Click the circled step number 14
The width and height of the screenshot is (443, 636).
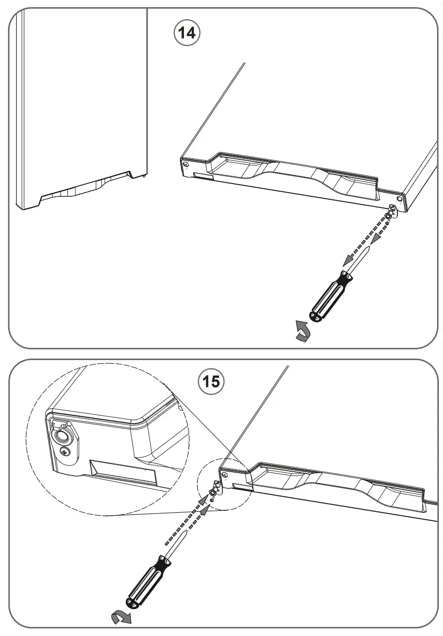click(x=187, y=33)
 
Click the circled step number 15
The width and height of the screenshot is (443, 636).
click(x=211, y=380)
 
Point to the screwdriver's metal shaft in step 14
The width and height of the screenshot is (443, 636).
click(x=360, y=257)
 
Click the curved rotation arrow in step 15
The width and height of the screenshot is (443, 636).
click(x=121, y=617)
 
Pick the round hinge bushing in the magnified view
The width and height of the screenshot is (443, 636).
click(x=60, y=436)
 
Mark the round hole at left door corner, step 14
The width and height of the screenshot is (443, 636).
click(x=187, y=165)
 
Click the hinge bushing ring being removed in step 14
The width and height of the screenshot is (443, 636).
click(x=388, y=216)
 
